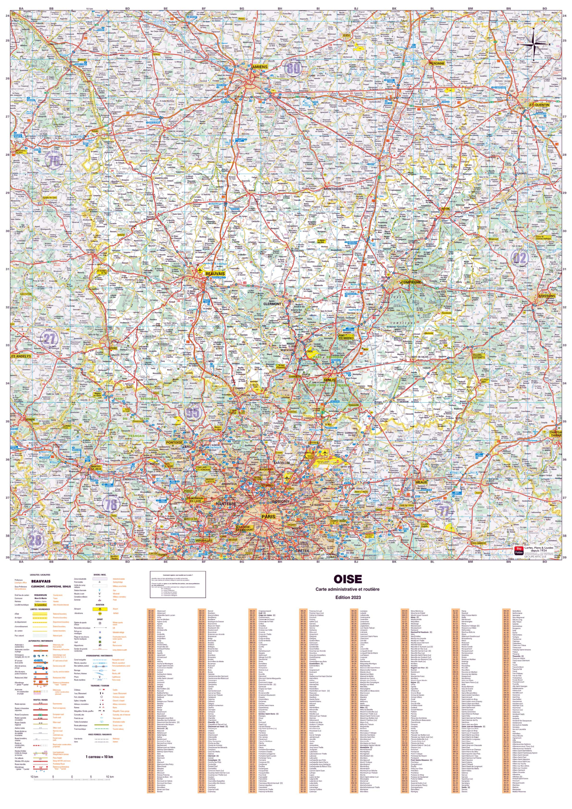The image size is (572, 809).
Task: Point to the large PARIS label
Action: coord(268,517)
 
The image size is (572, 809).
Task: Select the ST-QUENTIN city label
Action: coord(539,105)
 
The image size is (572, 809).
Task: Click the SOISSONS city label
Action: coord(547,296)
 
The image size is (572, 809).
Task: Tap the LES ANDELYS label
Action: coord(21,356)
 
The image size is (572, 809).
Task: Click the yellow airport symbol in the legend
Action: coord(100,609)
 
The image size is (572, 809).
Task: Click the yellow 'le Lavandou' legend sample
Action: coord(40,605)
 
